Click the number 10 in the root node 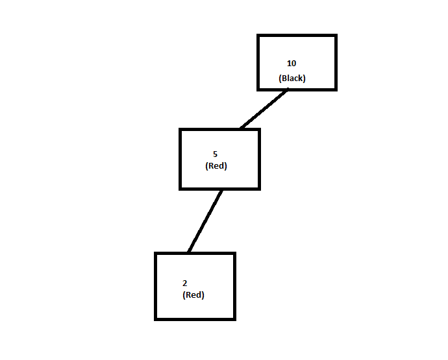[x=292, y=64]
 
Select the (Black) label [x=292, y=78]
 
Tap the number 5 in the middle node [x=215, y=154]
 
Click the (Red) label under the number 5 [x=216, y=166]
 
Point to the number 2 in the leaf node [x=185, y=283]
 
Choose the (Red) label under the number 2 [x=193, y=295]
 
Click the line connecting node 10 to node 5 [x=263, y=109]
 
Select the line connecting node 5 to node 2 [x=205, y=221]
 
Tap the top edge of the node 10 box [x=297, y=36]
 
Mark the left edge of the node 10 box [x=258, y=62]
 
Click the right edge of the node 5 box [x=258, y=159]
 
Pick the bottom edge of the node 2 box [x=195, y=318]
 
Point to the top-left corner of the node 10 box [x=258, y=36]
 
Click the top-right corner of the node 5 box [x=258, y=130]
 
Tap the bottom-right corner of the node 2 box [x=234, y=318]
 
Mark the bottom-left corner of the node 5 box [x=180, y=188]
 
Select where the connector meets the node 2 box [x=188, y=252]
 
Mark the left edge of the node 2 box [x=156, y=286]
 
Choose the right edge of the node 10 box [x=336, y=62]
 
